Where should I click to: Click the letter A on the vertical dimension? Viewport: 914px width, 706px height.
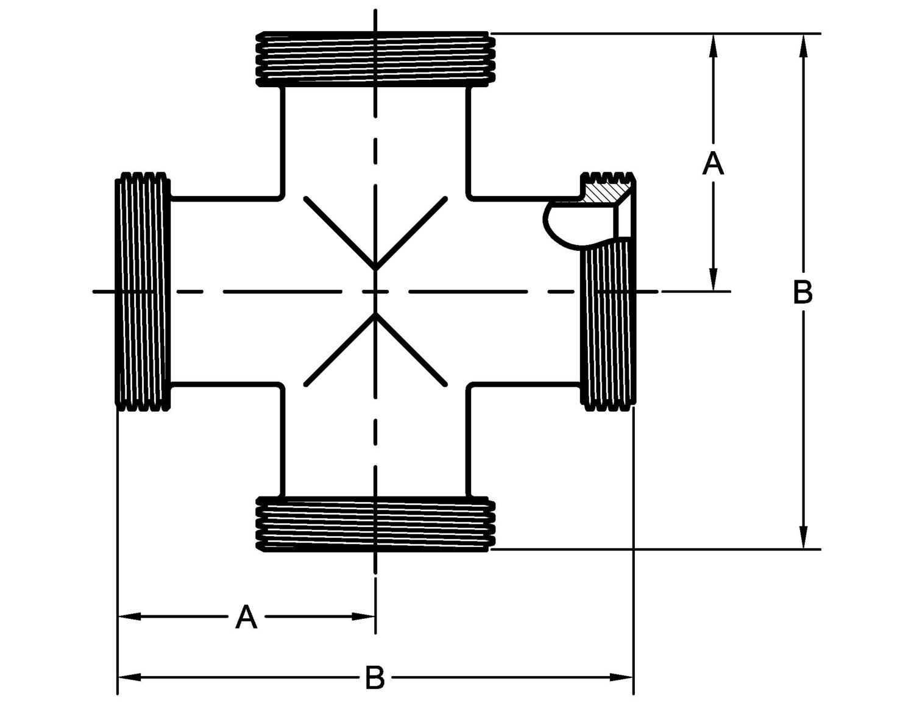pos(713,163)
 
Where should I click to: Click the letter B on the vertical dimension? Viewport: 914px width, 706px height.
pos(803,293)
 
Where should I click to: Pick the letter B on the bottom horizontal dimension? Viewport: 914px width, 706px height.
pos(375,677)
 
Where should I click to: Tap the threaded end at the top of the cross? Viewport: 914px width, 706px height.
pos(375,59)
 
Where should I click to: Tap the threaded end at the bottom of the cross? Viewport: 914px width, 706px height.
pos(375,524)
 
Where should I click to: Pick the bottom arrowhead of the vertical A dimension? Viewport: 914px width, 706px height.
pos(714,283)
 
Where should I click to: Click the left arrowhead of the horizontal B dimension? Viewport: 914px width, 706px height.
pos(126,677)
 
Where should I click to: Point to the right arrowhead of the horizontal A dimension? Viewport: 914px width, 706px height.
pos(367,616)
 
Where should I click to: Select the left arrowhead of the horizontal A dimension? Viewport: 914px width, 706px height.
pos(126,616)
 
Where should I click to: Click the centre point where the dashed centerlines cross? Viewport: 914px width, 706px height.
pos(375,292)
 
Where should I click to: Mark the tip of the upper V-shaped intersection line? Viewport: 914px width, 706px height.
pos(375,269)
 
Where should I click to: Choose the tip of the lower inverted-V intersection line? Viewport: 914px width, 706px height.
pos(375,315)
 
